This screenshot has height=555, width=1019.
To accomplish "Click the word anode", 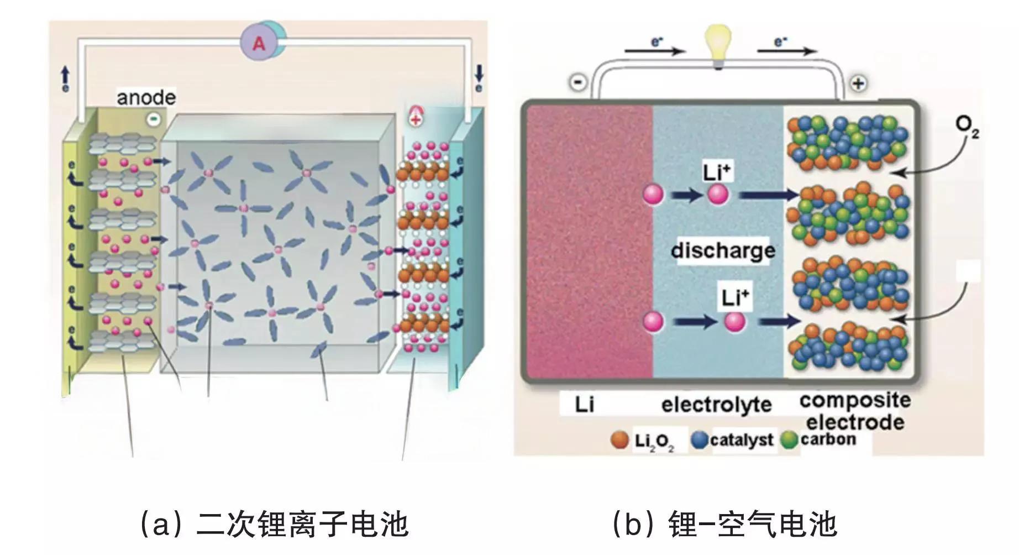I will [x=146, y=97].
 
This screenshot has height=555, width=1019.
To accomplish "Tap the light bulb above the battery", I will [x=717, y=46].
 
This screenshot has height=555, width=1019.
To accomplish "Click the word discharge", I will [x=723, y=250].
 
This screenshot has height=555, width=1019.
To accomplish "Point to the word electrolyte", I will [x=716, y=405].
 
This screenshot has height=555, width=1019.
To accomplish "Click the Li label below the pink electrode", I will [x=584, y=405].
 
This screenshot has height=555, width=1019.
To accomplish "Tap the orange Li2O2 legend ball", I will [x=620, y=440].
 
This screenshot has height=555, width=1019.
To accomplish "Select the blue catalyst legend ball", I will [x=700, y=440].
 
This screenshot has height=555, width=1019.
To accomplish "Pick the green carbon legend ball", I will [x=790, y=440].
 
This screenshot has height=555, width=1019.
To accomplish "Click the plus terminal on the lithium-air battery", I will [x=858, y=83].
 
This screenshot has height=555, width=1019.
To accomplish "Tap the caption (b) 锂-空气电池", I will [x=724, y=524].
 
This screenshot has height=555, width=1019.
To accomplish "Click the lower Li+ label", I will [x=735, y=298].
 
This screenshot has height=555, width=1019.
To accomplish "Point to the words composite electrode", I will [x=854, y=411].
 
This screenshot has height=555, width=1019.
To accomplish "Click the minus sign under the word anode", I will [x=153, y=118].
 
